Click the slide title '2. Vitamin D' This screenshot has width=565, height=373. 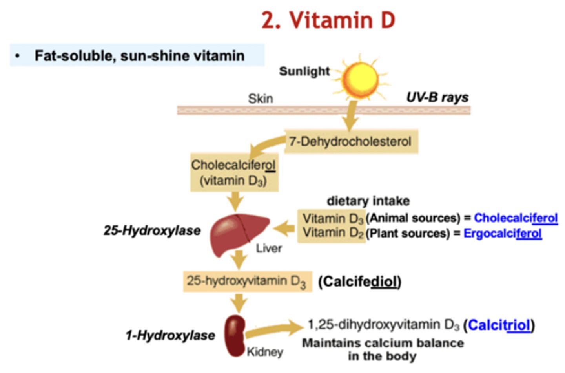(x=328, y=20)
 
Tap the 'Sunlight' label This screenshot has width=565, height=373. (x=304, y=71)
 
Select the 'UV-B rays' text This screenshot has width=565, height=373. (x=437, y=97)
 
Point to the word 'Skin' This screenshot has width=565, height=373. (x=260, y=99)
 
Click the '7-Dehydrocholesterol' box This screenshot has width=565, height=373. (x=350, y=141)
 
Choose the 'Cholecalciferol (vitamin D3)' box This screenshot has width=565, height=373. (x=234, y=172)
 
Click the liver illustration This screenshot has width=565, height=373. (x=239, y=233)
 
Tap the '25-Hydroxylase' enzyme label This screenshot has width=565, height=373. (x=152, y=230)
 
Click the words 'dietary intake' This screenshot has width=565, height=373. (x=368, y=201)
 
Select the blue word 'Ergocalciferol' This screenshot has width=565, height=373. (x=503, y=233)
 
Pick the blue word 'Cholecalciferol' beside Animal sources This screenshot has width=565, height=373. (x=516, y=218)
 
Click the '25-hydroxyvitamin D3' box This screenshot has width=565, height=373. (x=247, y=281)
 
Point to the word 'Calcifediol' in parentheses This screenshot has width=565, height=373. (x=359, y=282)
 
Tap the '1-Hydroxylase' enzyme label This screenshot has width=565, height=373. (x=170, y=335)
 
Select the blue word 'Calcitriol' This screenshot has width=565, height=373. (x=499, y=325)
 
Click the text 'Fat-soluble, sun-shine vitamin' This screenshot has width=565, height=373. (x=139, y=56)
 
